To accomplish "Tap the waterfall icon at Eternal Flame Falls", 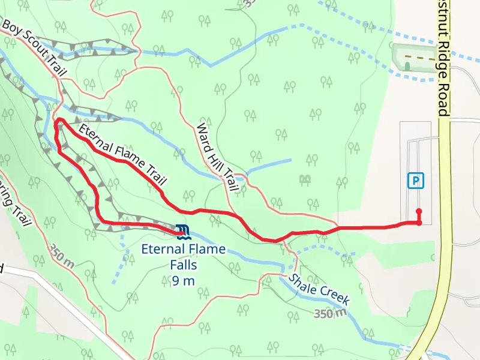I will [x=182, y=230].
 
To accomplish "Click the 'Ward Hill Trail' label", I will [x=217, y=158].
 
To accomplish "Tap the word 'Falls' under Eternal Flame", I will [x=182, y=264].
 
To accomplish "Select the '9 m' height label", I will [x=182, y=280].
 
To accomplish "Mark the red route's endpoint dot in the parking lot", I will [x=419, y=211].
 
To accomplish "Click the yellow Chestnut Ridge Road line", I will [x=445, y=180].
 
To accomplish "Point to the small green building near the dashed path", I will [x=407, y=65].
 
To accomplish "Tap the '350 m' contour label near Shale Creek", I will [x=330, y=314].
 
